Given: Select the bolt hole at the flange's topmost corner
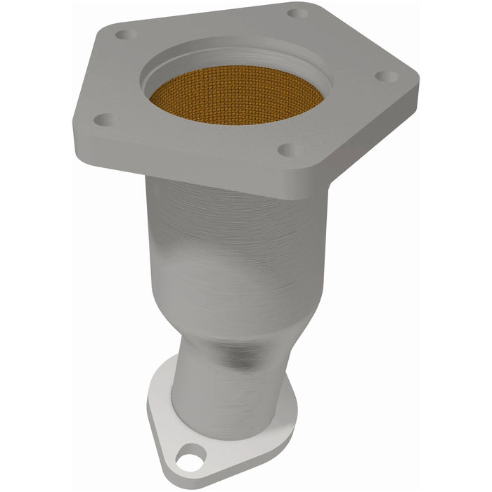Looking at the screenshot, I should pos(297,13).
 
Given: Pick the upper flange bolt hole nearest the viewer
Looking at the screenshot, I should pos(286,150).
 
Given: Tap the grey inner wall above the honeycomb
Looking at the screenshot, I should pos(239,58).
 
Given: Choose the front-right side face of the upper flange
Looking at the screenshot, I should pos(351,151).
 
